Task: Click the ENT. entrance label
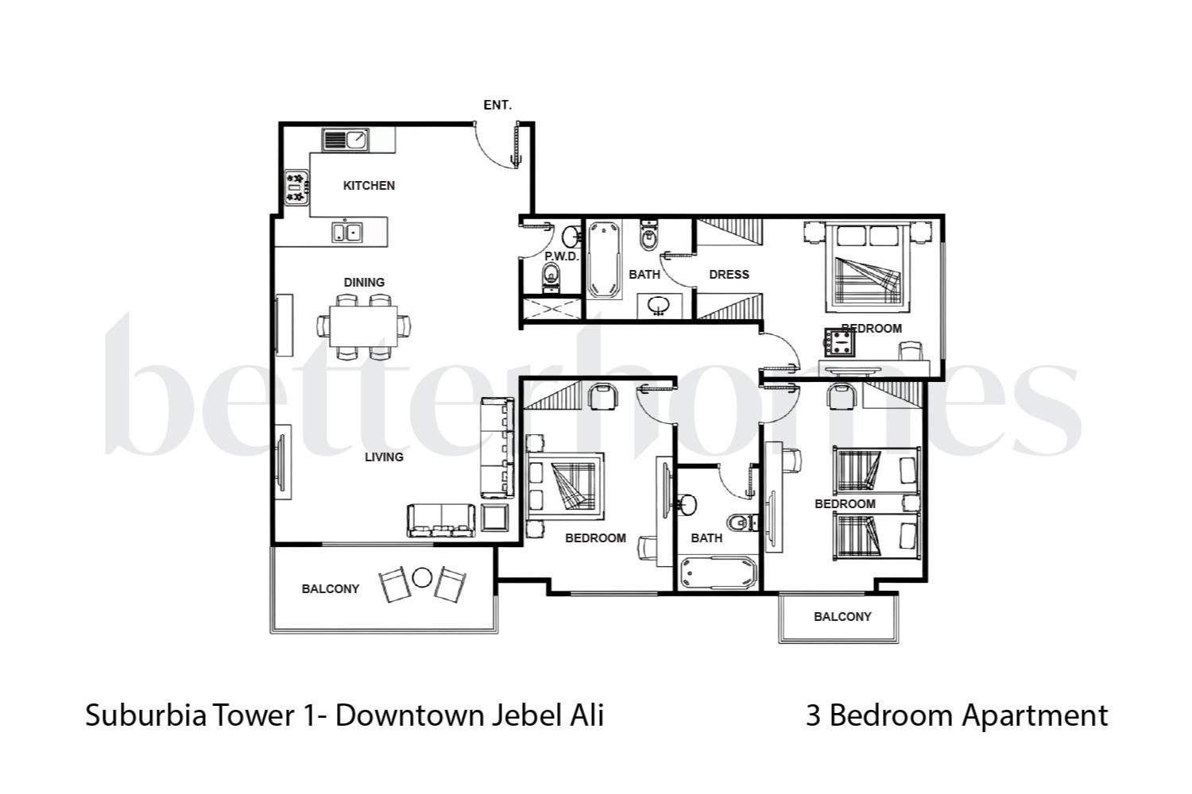(x=497, y=105)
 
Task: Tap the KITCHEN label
(x=369, y=186)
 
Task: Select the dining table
(x=365, y=325)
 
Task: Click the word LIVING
(x=384, y=457)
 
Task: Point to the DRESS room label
(x=729, y=275)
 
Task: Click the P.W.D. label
(x=562, y=256)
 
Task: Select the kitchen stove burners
(x=295, y=187)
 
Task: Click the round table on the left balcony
(x=422, y=577)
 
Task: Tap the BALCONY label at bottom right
(x=842, y=617)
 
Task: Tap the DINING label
(x=364, y=283)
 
